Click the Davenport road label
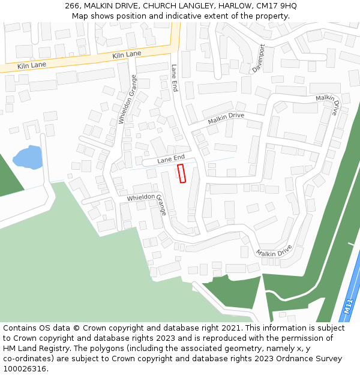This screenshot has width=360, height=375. click(x=259, y=58)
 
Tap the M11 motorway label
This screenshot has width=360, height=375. click(x=349, y=307)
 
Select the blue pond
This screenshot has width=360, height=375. click(x=28, y=158)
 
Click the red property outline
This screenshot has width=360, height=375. click(x=182, y=173)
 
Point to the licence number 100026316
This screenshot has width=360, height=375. click(x=25, y=369)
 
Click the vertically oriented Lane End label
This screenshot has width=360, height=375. click(x=175, y=78)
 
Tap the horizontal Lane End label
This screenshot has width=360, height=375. click(x=171, y=160)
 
